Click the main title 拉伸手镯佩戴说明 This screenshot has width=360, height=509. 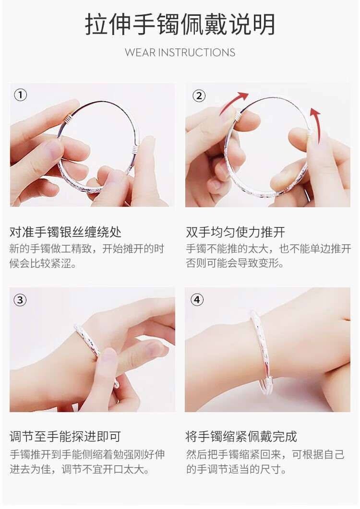point(180,24)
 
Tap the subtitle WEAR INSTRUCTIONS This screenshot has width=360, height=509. point(180,52)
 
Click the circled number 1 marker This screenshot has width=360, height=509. point(21,95)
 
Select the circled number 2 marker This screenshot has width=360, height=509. point(199,96)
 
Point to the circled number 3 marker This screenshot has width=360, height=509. point(20,300)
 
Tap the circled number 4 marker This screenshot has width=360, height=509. point(197,299)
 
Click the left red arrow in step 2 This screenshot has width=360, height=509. point(233,103)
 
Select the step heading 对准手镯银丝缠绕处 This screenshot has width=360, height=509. point(65,232)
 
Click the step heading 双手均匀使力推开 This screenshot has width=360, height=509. point(236,232)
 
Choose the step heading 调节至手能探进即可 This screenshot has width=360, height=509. point(65,436)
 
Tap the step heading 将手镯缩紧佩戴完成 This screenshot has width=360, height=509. point(241,436)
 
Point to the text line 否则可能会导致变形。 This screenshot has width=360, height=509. point(235,263)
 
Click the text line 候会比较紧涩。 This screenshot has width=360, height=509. point(44,263)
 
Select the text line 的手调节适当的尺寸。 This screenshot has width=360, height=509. point(236,469)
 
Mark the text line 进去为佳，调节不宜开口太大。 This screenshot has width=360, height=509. point(80,469)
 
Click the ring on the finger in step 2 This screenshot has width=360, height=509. point(307,194)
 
